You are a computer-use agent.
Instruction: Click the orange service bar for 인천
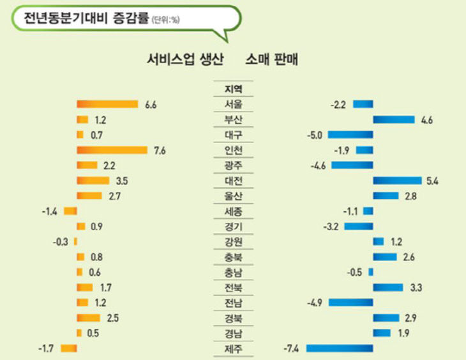click(112, 150)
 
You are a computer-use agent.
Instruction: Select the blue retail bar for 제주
click(339, 348)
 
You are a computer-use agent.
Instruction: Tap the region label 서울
click(234, 104)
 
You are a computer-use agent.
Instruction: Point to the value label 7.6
click(160, 151)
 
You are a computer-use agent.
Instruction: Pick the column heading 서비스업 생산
click(184, 60)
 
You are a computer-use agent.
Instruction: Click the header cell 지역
click(234, 89)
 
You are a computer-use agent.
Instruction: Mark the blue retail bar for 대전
click(397, 181)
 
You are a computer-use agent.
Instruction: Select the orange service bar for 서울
click(107, 104)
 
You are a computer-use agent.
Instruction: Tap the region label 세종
click(234, 211)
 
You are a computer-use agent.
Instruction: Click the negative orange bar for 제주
click(68, 348)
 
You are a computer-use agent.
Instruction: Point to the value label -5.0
click(315, 135)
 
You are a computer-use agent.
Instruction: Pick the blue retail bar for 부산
click(393, 119)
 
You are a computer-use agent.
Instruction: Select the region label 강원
click(234, 242)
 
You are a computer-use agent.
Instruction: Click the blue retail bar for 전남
click(350, 302)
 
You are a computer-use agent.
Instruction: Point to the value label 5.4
click(432, 181)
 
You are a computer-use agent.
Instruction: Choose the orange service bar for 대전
click(93, 181)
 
